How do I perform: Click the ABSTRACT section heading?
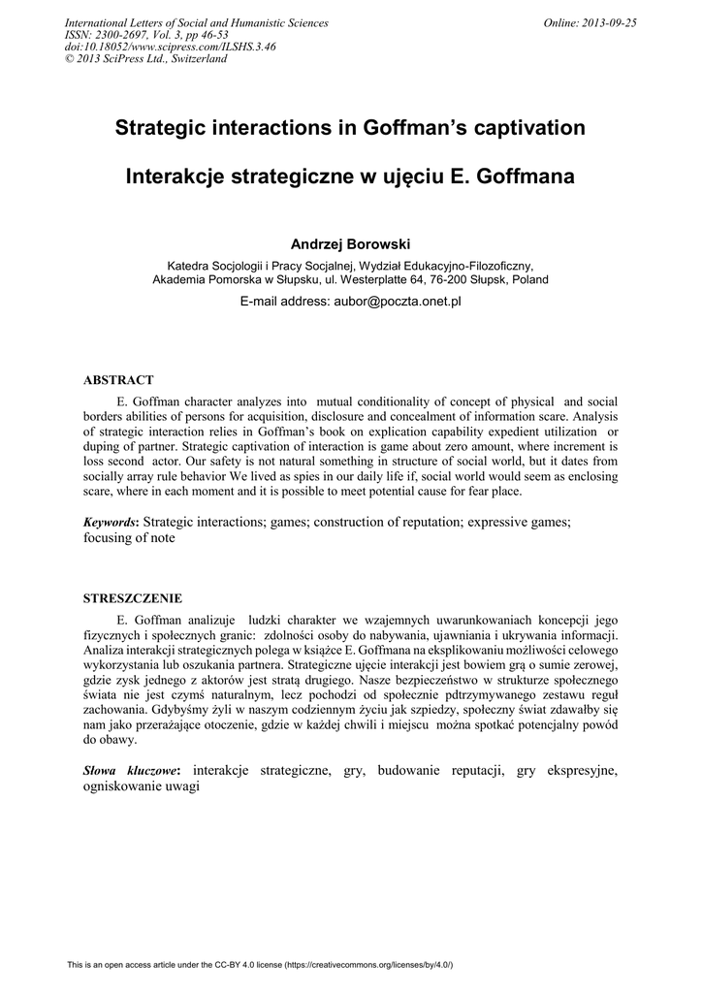(x=118, y=380)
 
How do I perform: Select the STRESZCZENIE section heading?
(x=132, y=598)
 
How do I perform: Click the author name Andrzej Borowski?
(x=350, y=243)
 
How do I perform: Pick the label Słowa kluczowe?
(x=131, y=770)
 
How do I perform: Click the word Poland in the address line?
(x=530, y=279)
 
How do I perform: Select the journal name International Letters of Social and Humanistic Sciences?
(x=196, y=22)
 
